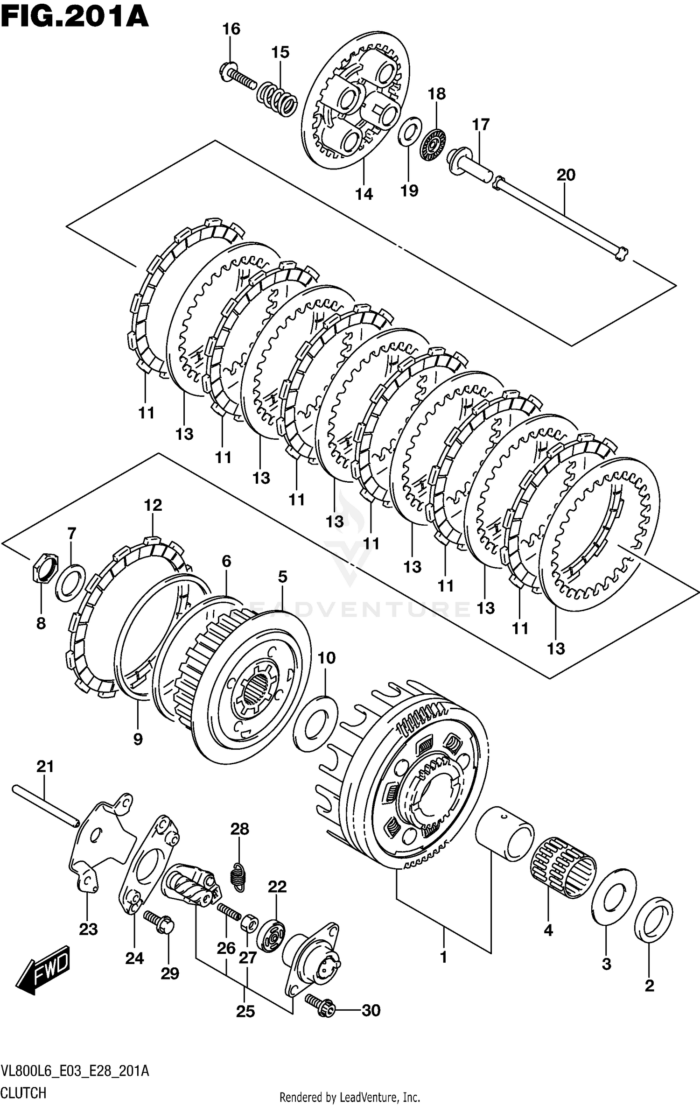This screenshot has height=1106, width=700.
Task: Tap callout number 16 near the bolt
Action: click(x=231, y=29)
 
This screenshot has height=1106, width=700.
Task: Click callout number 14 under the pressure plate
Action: click(x=364, y=193)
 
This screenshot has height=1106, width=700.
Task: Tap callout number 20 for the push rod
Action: click(x=566, y=175)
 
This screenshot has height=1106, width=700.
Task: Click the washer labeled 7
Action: click(x=70, y=582)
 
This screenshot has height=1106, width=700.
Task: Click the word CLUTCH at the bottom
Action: click(x=24, y=1092)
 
